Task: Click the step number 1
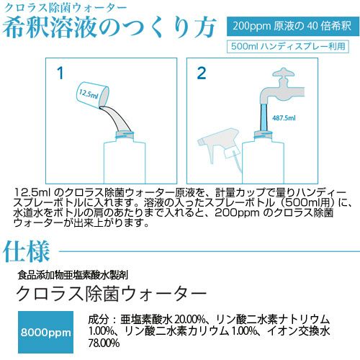coord(60,73)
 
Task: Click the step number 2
coord(202,73)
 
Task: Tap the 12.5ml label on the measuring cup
coord(89,94)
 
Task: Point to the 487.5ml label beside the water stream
coord(284,118)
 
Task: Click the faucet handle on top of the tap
coord(284,73)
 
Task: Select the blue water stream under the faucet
coord(264,117)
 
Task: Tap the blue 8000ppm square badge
coord(45,333)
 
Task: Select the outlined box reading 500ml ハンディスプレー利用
coord(288,46)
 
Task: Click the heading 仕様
coord(27,251)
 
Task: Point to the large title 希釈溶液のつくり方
coord(109,27)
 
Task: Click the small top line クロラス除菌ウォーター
coord(66,8)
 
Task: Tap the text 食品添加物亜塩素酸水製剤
coord(73,275)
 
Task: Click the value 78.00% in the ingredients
coord(104,343)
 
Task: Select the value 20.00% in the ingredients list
coord(190,320)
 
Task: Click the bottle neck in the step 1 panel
coord(125,135)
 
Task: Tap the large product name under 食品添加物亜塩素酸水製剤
coord(112,294)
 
